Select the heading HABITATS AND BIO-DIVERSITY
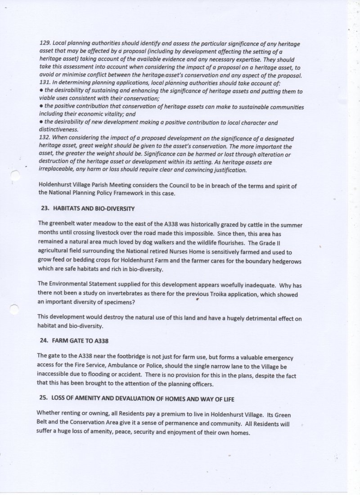click(94, 209)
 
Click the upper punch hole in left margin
click(15, 176)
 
